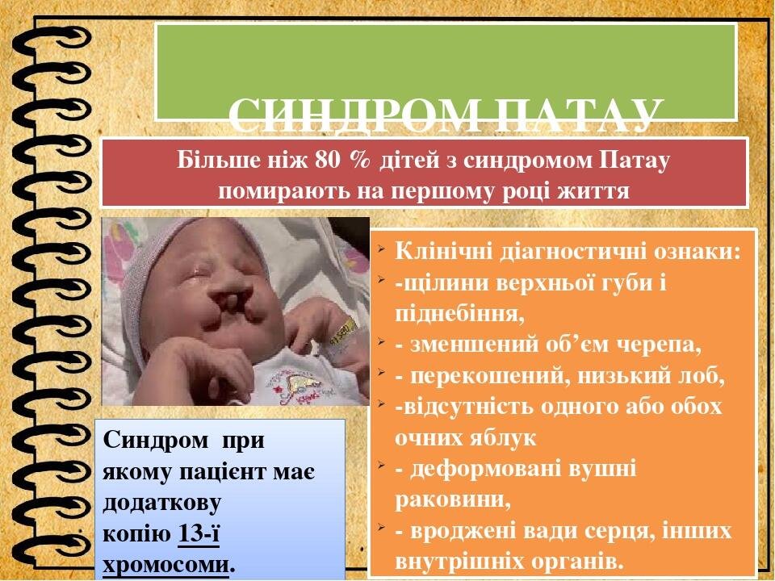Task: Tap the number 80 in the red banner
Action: tap(325, 161)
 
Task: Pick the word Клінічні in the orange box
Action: tap(443, 252)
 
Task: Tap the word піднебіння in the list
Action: tap(459, 314)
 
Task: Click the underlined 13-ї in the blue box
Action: tap(199, 534)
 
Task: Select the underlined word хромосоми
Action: tap(166, 565)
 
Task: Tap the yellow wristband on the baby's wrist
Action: tap(344, 332)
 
